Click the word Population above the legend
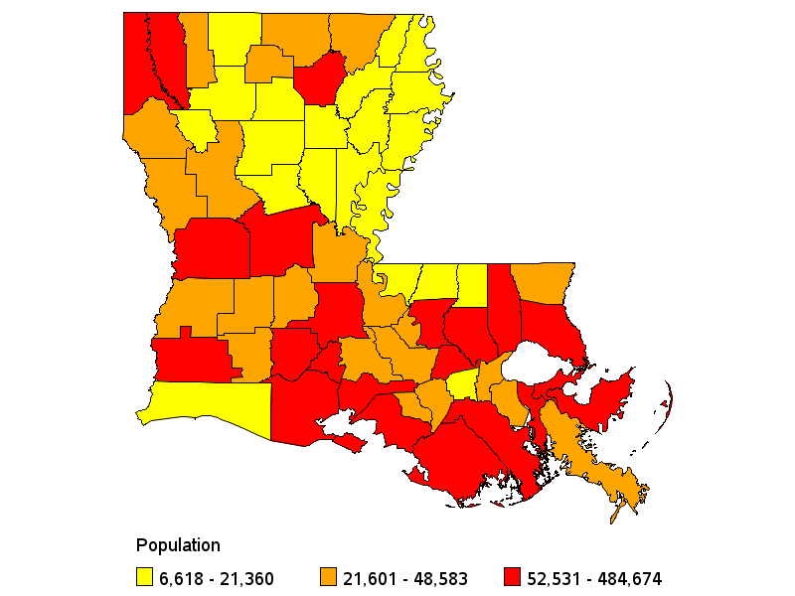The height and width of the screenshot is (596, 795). point(178,545)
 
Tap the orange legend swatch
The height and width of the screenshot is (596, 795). point(327,577)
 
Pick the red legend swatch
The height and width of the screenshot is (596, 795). point(513,577)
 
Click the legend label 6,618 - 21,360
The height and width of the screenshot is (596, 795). point(218,578)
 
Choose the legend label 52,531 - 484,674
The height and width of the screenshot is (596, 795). point(596,578)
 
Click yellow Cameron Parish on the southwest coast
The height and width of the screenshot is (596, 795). point(209,402)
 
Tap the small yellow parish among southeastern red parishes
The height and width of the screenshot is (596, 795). point(462,385)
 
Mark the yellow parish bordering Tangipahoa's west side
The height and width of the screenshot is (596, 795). point(472,282)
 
